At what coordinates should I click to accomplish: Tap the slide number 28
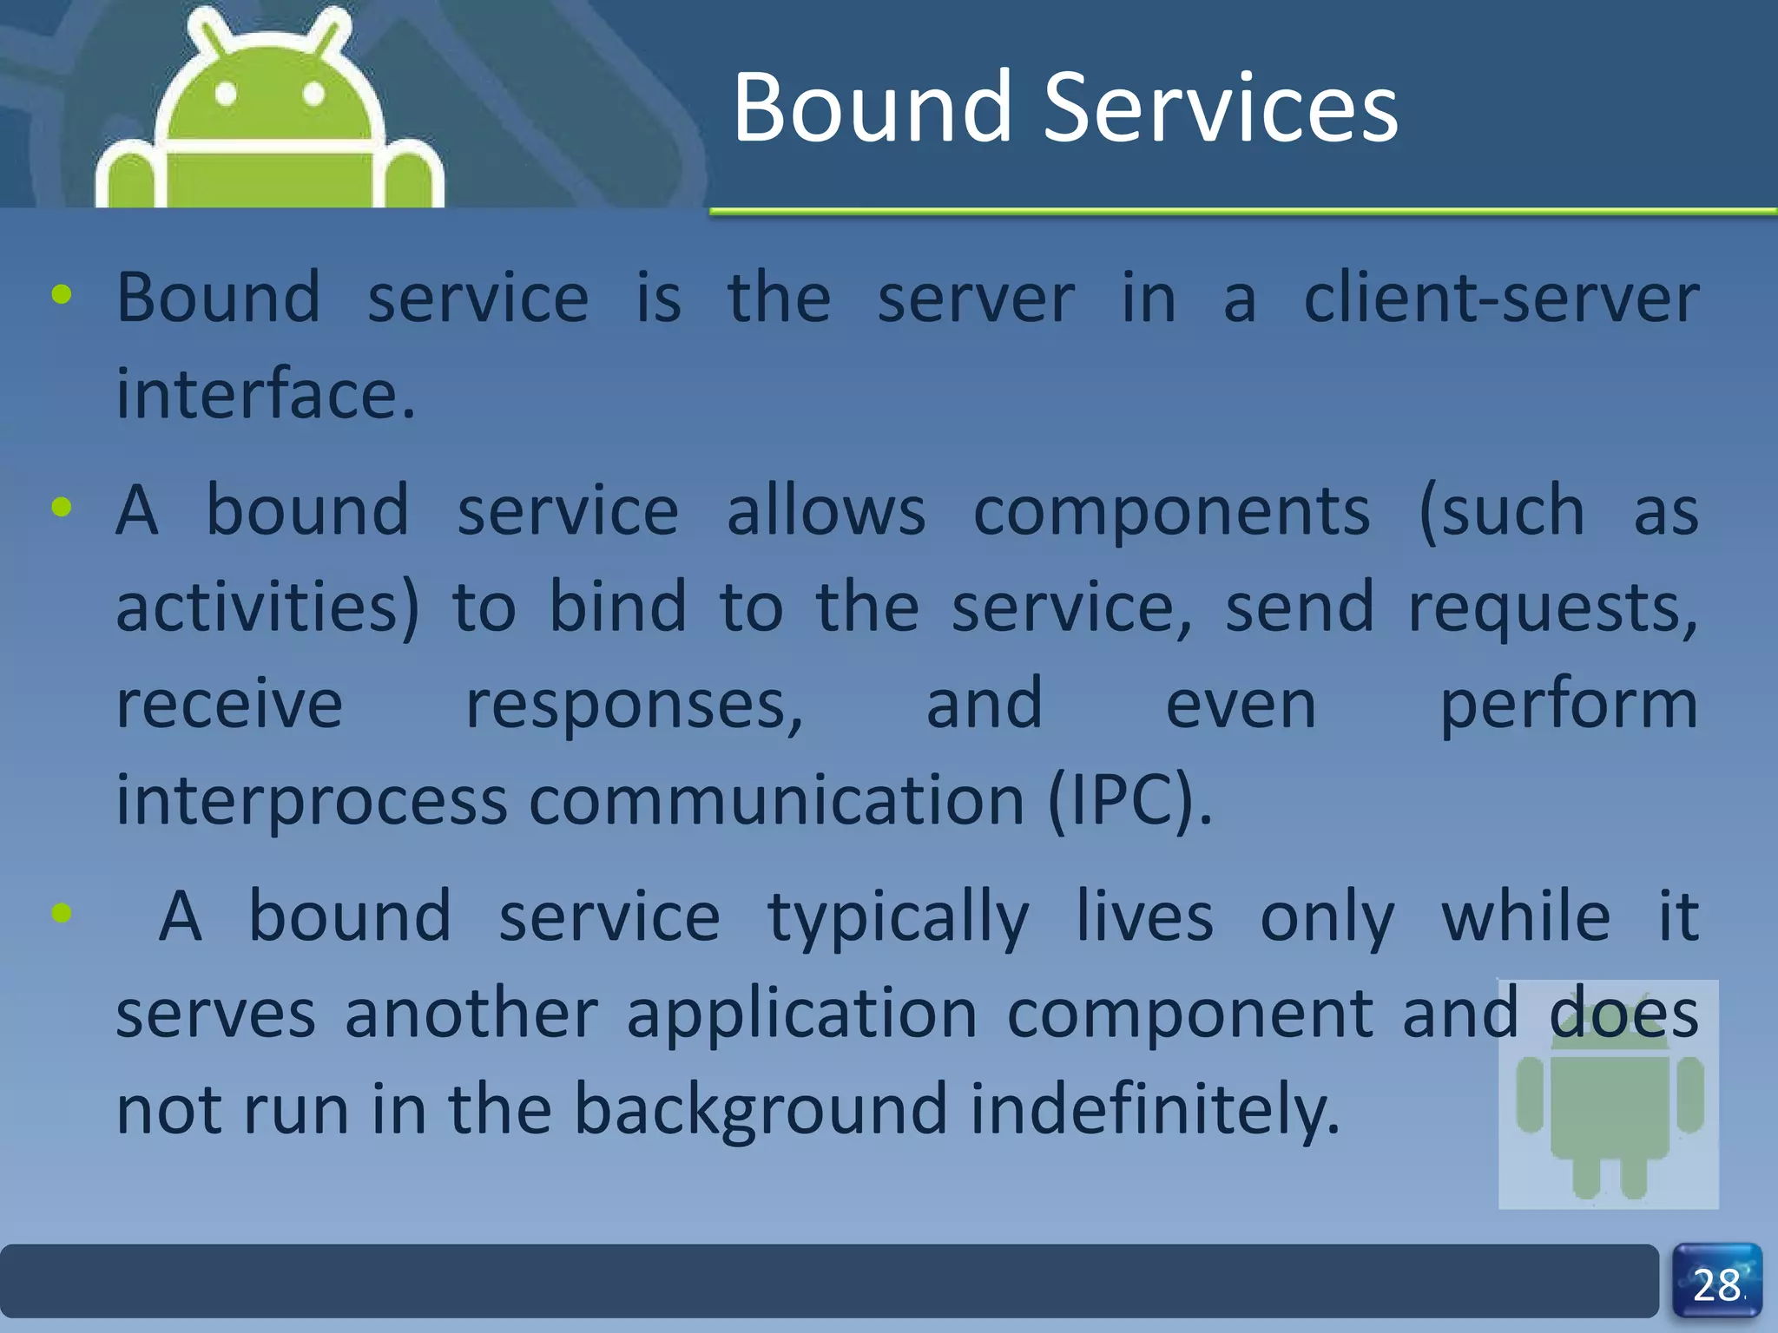point(1716,1285)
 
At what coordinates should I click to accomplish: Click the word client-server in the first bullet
point(1501,299)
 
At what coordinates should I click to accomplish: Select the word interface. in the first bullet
point(266,394)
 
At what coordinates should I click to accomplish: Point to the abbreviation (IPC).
point(1129,800)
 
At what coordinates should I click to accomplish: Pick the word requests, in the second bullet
point(1552,607)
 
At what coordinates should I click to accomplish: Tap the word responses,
point(635,704)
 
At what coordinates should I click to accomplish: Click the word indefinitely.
point(1155,1109)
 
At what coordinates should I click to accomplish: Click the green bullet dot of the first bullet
point(62,295)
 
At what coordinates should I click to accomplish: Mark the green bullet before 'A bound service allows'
point(62,507)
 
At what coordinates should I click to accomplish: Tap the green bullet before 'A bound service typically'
point(62,912)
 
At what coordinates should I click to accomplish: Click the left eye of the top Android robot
point(226,94)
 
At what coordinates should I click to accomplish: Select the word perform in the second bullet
point(1568,704)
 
